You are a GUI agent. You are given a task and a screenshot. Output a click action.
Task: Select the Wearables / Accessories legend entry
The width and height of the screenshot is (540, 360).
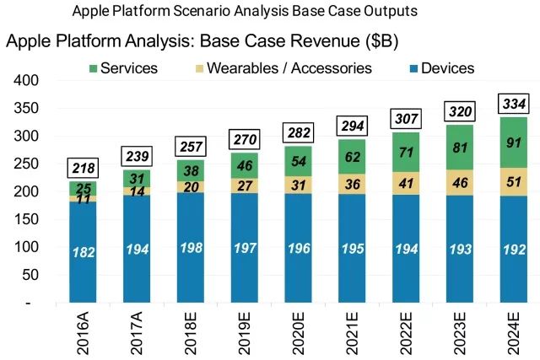[275, 68]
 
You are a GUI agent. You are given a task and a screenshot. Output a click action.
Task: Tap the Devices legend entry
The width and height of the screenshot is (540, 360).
[435, 68]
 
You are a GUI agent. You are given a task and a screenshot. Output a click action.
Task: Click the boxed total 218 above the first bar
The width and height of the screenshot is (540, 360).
[84, 169]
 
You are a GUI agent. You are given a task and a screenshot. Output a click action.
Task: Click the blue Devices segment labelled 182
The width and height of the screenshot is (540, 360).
[84, 251]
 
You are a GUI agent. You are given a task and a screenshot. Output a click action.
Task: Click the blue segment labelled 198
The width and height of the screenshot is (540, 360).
[189, 248]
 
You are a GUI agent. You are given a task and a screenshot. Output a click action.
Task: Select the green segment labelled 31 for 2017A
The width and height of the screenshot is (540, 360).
[136, 179]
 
